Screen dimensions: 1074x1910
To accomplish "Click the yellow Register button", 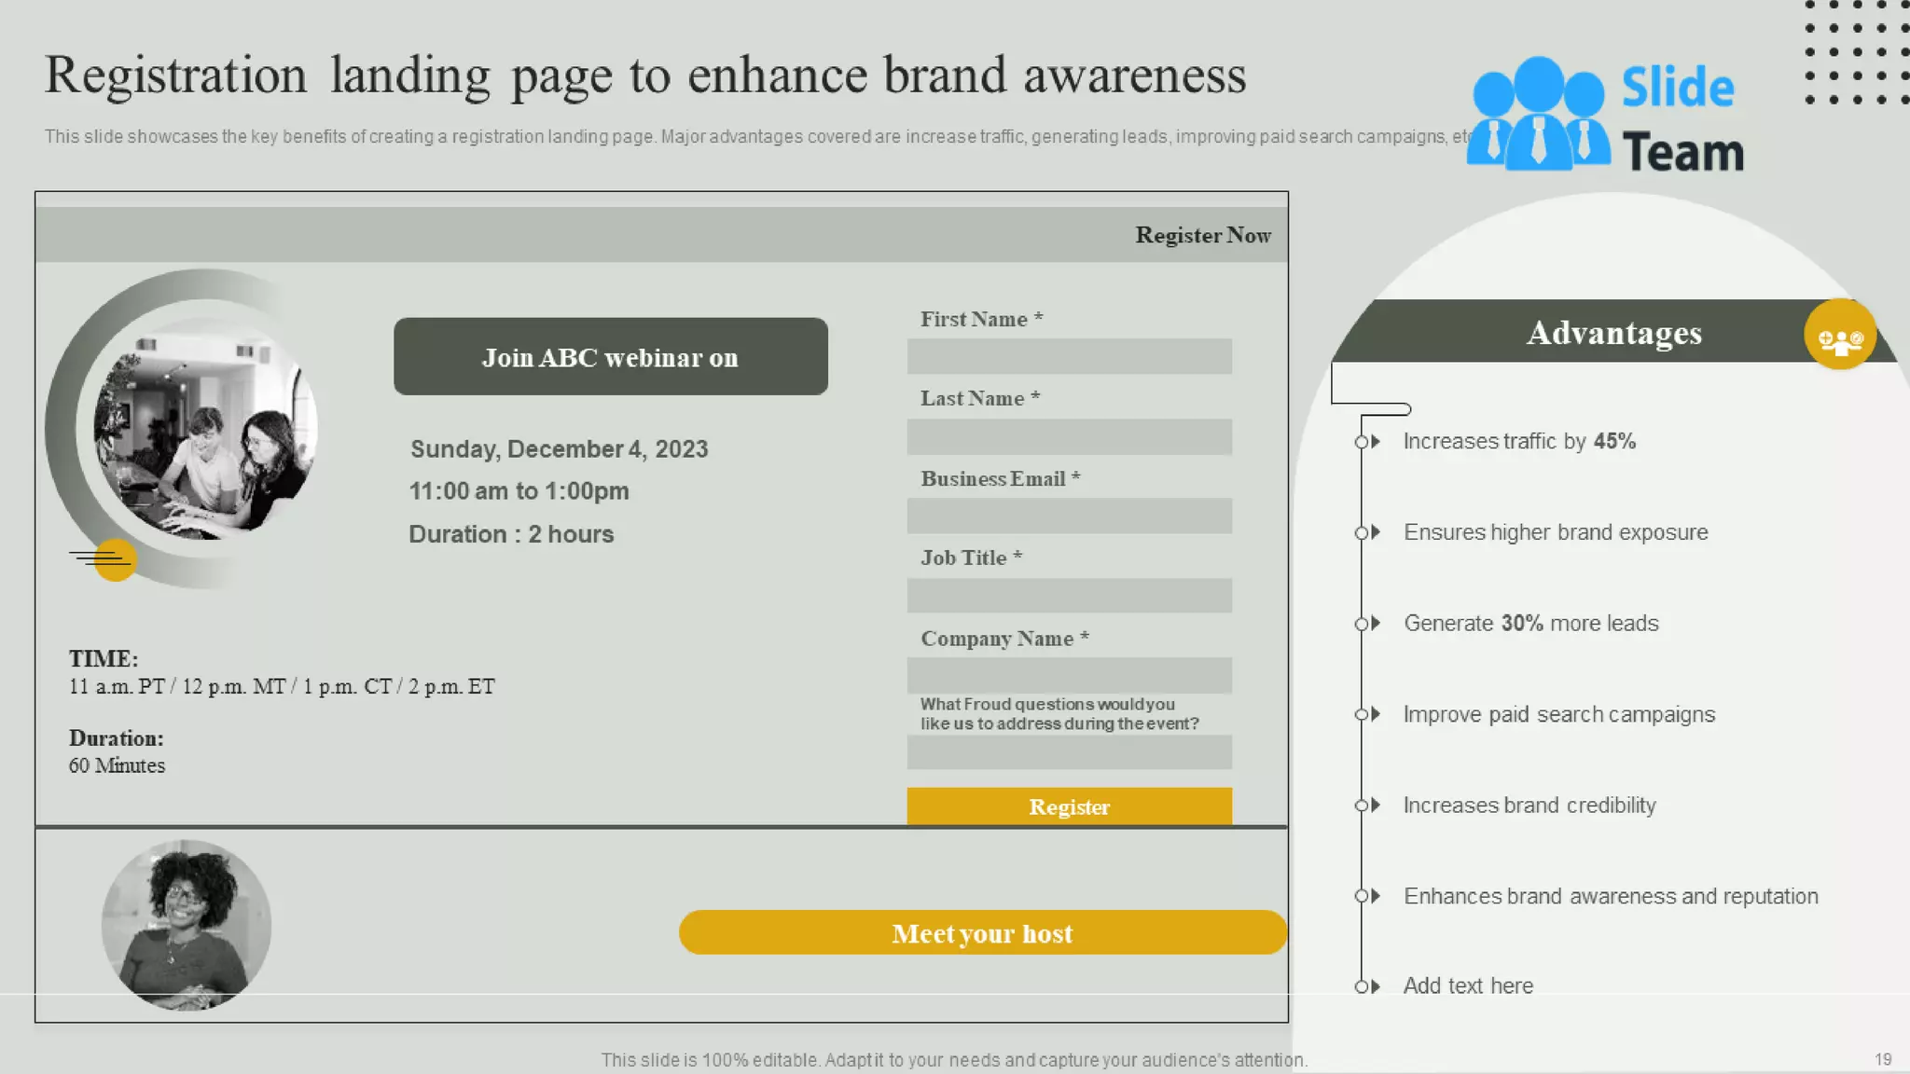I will (x=1069, y=806).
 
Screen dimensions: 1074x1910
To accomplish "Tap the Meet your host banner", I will (x=982, y=932).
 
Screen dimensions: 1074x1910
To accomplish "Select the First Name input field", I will (x=1069, y=356).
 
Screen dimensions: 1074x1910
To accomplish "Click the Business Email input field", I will (x=1069, y=516).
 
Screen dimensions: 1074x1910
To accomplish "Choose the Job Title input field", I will (x=1069, y=595).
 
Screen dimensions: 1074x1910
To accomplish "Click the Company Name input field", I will (x=1069, y=675).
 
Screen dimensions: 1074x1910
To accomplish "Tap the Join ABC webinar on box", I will (x=610, y=357).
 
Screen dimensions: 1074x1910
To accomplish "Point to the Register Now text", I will (x=1202, y=235).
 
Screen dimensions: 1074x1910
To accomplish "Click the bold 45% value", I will (x=1614, y=441).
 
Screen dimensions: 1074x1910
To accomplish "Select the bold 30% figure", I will (x=1521, y=623).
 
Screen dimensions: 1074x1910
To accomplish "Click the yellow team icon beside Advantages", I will (x=1839, y=336).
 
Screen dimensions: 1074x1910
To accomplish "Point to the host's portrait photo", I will (x=187, y=925).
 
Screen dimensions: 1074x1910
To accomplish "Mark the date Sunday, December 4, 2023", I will (x=559, y=449).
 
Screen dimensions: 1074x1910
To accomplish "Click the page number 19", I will (x=1882, y=1059).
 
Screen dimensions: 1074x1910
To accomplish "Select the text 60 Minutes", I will (x=117, y=765).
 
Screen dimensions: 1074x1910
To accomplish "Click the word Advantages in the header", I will (x=1613, y=333).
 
